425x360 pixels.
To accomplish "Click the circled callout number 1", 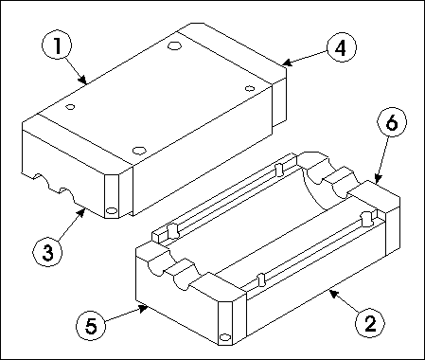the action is (x=57, y=45).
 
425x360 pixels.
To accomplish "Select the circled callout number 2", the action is (x=370, y=323).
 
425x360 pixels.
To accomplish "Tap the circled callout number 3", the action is (x=47, y=253).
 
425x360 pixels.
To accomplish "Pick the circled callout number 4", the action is (x=341, y=48).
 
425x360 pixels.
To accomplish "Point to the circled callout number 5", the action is (x=91, y=325).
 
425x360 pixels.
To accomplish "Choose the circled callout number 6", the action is (x=392, y=122).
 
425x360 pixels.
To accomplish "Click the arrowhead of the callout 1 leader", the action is (x=82, y=80).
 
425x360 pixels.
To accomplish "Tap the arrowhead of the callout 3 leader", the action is (x=80, y=213).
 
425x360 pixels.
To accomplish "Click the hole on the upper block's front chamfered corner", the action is (x=112, y=210).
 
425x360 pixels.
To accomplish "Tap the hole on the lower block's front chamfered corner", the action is (x=224, y=337).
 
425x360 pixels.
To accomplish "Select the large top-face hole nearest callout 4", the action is (x=174, y=45).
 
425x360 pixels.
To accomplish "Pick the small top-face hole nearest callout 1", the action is (x=70, y=107).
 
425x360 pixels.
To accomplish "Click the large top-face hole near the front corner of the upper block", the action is (x=139, y=151).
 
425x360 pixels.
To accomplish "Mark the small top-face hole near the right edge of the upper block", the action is (x=250, y=88).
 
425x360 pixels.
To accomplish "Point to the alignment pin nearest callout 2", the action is (x=261, y=279).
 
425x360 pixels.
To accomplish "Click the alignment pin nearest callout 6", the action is (x=366, y=219).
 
